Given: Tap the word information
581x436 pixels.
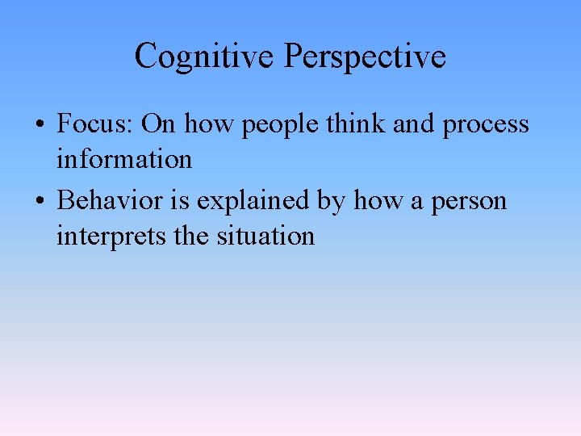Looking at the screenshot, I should (x=124, y=159).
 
